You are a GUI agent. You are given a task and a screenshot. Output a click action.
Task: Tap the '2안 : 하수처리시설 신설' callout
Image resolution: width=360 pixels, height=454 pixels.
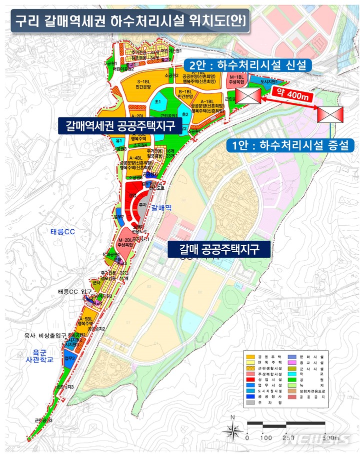point(247,65)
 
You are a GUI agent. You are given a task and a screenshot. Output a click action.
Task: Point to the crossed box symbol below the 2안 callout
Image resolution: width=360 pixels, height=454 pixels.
point(247,95)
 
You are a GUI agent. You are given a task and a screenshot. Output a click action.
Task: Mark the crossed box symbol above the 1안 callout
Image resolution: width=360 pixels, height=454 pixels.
point(330,114)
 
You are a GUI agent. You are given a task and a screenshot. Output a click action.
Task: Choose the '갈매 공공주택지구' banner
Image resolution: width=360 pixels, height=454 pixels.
point(218,248)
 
